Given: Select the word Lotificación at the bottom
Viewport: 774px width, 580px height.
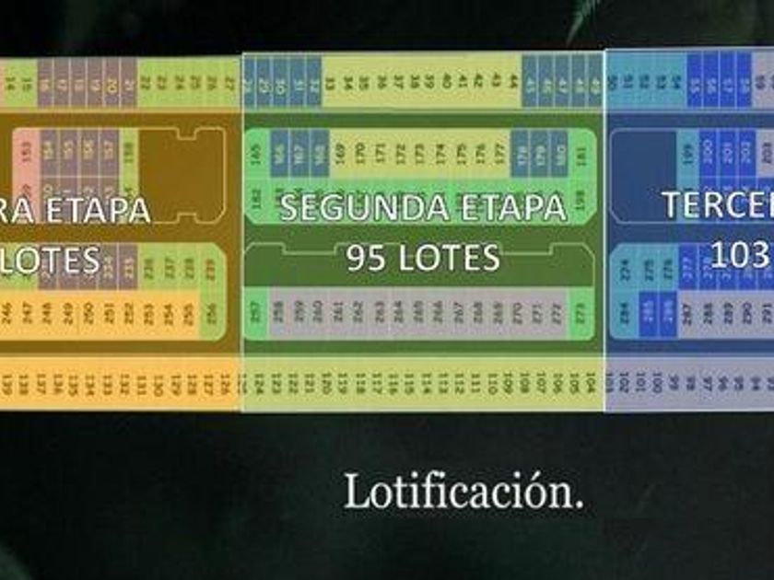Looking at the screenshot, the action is [463, 493].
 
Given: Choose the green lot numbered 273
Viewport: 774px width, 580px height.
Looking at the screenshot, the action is [580, 314].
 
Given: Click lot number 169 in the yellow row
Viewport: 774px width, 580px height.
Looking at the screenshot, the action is [339, 152].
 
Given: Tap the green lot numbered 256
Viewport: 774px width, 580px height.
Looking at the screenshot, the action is [211, 314].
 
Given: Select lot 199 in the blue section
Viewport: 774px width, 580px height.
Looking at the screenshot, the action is [687, 153].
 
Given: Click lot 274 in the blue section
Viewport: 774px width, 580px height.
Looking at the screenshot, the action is [626, 269].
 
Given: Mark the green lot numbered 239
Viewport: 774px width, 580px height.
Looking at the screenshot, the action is [211, 269].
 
